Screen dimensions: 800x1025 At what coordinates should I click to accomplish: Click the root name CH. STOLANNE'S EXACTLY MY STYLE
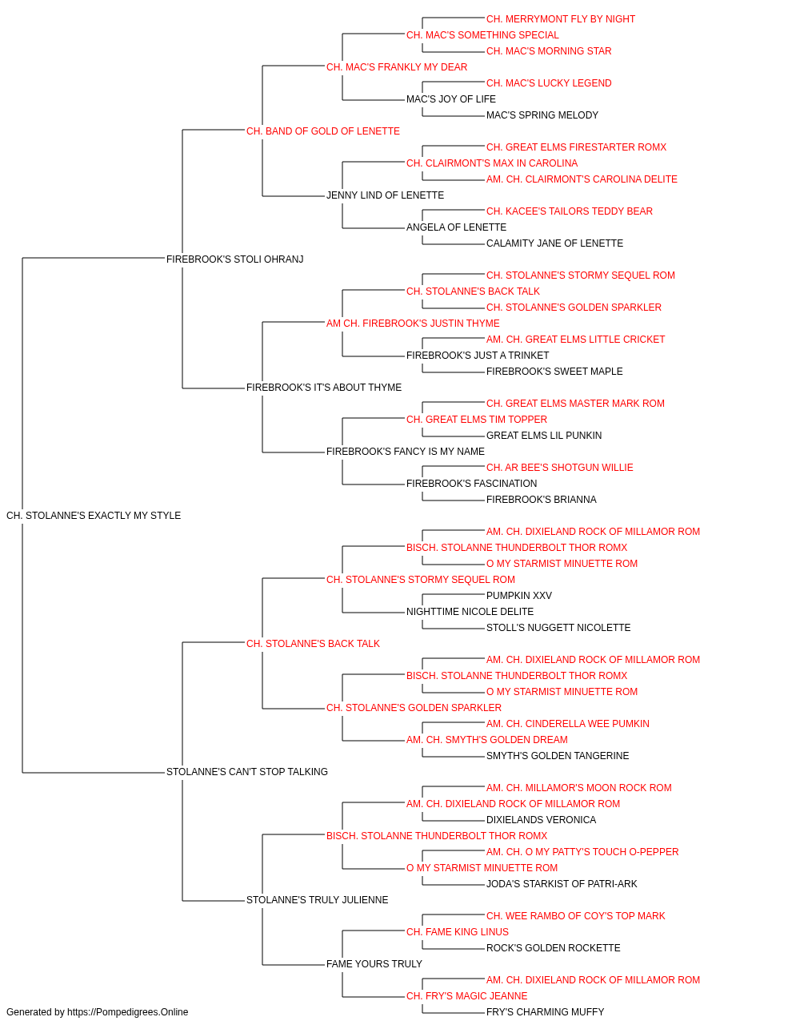(x=94, y=516)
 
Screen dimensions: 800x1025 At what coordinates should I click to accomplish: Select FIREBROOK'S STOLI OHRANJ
(x=234, y=259)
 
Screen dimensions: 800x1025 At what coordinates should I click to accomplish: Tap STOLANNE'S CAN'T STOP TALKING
(x=247, y=772)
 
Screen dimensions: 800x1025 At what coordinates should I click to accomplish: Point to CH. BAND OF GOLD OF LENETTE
(x=322, y=131)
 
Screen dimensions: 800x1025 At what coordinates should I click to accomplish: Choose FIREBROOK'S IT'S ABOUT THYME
(x=324, y=388)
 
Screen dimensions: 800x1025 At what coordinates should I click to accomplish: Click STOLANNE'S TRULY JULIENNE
(x=317, y=900)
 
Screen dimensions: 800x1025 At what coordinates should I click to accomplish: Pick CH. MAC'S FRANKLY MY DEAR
(x=397, y=67)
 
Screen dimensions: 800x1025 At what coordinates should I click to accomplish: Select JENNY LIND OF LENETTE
(x=385, y=195)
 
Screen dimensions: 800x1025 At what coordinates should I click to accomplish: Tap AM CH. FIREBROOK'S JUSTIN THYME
(x=413, y=324)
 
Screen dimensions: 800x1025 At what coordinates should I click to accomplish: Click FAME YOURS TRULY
(x=374, y=964)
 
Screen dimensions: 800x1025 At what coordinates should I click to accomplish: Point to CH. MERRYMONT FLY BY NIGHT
(x=561, y=19)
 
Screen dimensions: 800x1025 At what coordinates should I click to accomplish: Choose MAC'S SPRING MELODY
(x=542, y=115)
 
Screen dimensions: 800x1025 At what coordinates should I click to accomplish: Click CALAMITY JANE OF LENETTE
(x=554, y=243)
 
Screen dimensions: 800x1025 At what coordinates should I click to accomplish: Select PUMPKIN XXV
(x=518, y=596)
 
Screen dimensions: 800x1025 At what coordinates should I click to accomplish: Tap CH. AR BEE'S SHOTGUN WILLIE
(x=560, y=468)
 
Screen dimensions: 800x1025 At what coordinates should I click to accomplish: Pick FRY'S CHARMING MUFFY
(x=545, y=1012)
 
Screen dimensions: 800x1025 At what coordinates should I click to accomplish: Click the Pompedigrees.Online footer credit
(x=97, y=1012)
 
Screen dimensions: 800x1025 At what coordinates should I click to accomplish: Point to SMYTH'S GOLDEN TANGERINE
(x=558, y=756)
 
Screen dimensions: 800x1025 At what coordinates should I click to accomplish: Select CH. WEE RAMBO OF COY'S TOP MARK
(x=575, y=916)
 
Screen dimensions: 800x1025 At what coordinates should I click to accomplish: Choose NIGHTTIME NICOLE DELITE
(x=470, y=612)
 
